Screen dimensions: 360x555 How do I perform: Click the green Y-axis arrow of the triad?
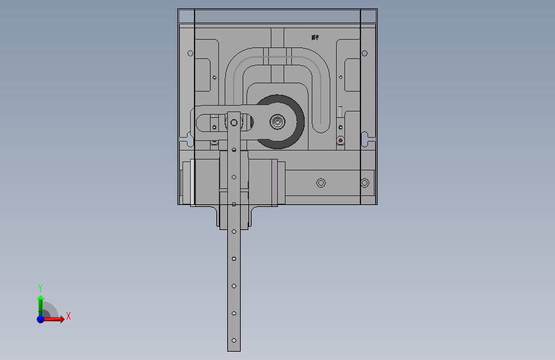tap(40, 301)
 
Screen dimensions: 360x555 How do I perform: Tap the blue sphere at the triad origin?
tap(40, 318)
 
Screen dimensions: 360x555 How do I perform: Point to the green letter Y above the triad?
tap(40, 288)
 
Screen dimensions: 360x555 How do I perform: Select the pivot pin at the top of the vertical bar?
tap(234, 122)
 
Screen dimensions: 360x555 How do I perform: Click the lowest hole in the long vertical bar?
tap(234, 340)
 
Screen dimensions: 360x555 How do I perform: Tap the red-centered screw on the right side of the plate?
tap(341, 140)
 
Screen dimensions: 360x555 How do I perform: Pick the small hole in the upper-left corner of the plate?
tap(189, 53)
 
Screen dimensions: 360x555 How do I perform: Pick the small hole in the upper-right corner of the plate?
tap(364, 53)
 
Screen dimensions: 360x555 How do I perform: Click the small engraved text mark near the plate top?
tap(314, 37)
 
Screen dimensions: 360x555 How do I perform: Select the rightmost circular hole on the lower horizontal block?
tap(364, 183)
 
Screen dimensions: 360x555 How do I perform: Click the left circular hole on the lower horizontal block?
tap(321, 183)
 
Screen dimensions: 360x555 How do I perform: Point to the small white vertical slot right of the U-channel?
tap(341, 111)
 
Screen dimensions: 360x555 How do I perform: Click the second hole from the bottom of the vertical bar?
tap(234, 313)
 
